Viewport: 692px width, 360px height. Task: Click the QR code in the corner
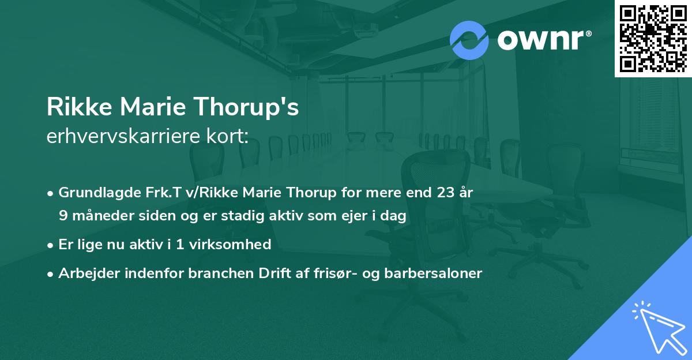(x=653, y=38)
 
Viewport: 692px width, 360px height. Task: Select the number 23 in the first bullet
(x=443, y=193)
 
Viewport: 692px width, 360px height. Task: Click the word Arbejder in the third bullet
(x=82, y=273)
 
